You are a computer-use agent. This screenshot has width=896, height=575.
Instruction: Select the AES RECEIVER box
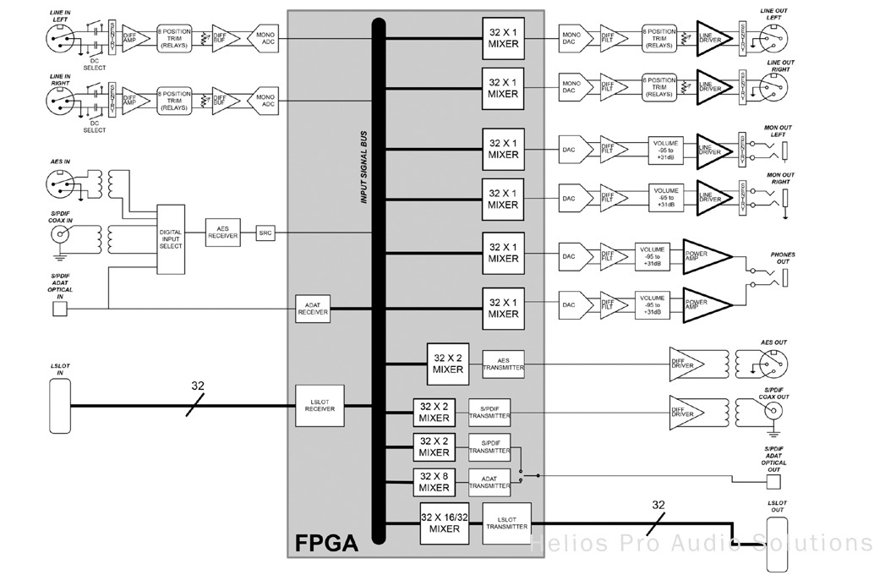[x=222, y=233]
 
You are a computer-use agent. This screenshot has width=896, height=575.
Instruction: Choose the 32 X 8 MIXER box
[x=434, y=482]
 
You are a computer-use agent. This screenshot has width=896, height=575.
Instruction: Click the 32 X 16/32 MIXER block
[x=444, y=523]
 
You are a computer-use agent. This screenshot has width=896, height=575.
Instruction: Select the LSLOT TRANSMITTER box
[x=506, y=523]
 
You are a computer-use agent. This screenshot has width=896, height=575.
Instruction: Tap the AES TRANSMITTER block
[x=503, y=364]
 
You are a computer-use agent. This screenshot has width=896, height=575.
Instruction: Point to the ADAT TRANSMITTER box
[x=489, y=482]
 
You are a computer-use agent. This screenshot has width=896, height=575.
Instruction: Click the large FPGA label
[x=325, y=542]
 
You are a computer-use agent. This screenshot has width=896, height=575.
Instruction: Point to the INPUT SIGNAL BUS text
[x=365, y=168]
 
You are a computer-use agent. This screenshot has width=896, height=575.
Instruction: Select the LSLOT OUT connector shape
[x=777, y=545]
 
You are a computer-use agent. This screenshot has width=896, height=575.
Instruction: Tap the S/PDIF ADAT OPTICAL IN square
[x=59, y=309]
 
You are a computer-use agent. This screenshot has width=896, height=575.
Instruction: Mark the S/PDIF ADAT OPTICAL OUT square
[x=773, y=482]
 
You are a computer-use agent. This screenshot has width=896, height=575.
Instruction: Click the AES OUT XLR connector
[x=773, y=364]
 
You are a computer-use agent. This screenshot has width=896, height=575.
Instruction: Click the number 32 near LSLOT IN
[x=197, y=386]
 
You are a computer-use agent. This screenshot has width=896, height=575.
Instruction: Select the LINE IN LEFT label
[x=60, y=14]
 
